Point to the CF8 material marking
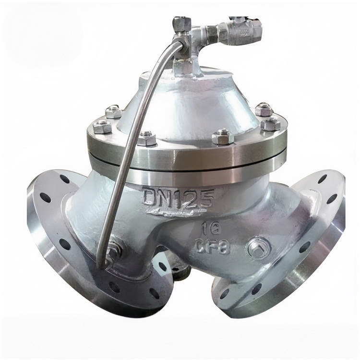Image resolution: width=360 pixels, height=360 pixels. click(x=213, y=247)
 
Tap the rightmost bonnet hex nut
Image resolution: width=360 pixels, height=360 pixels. click(x=270, y=125)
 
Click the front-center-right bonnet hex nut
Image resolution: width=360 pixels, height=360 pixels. click(x=223, y=137)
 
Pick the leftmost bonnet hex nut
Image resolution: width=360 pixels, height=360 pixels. click(x=102, y=127)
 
